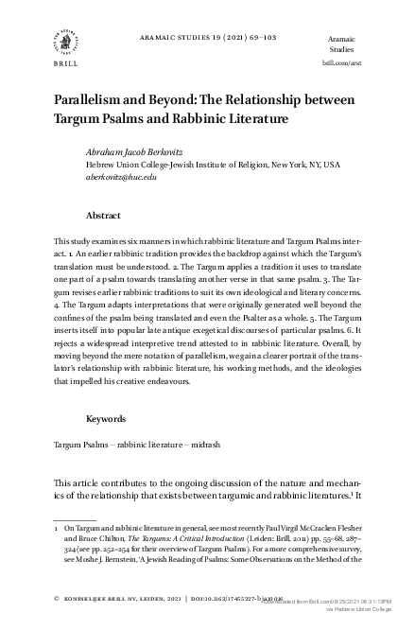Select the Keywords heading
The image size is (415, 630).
click(108, 417)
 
